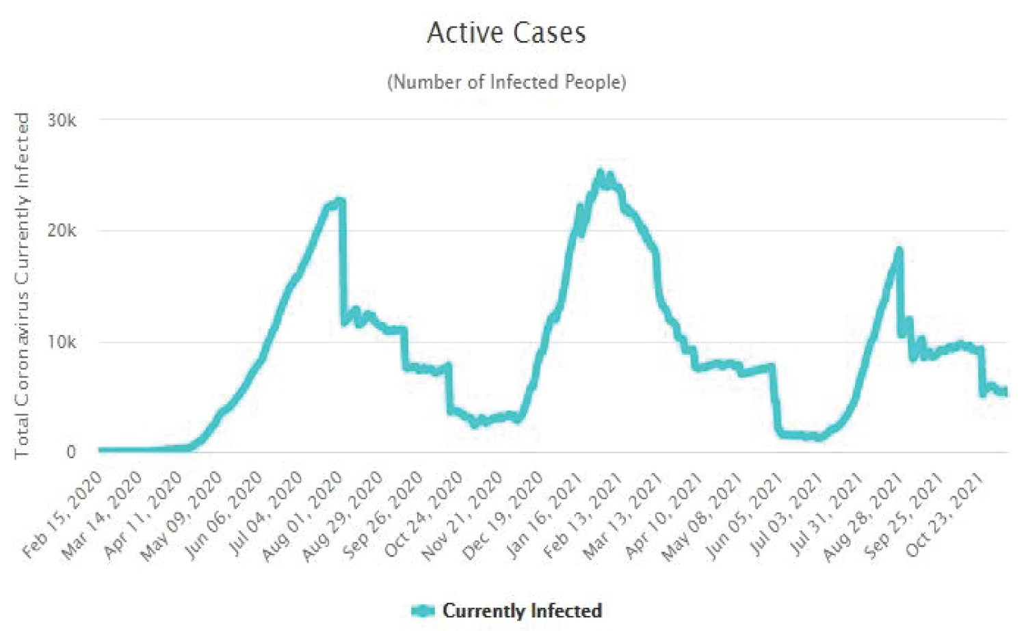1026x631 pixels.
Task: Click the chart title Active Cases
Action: (x=506, y=33)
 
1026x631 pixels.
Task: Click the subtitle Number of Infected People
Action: (x=506, y=82)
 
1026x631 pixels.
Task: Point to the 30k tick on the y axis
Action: (x=62, y=121)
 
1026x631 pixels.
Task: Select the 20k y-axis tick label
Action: (x=62, y=231)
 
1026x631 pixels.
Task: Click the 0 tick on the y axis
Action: (x=71, y=452)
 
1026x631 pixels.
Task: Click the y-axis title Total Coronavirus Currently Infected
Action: (x=22, y=286)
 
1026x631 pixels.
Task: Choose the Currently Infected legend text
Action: (x=522, y=610)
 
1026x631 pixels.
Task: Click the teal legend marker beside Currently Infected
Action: (x=423, y=610)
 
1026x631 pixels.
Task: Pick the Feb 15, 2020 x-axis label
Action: (x=63, y=514)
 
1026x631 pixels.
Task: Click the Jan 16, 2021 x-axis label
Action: (x=544, y=514)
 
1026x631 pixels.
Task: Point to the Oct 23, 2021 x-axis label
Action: (x=945, y=514)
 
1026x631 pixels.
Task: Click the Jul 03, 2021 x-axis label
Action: (x=784, y=514)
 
